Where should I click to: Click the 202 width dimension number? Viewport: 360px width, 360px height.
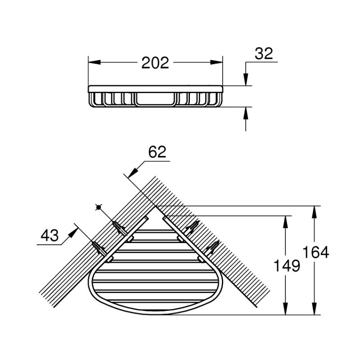click(155, 63)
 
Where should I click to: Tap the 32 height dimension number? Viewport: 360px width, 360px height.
click(264, 54)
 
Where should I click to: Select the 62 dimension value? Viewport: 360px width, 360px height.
click(157, 152)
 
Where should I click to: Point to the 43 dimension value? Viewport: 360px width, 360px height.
click(49, 235)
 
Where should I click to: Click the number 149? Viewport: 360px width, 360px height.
click(287, 265)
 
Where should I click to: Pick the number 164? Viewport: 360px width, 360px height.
click(316, 252)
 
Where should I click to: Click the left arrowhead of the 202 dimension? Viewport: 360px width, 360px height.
click(94, 62)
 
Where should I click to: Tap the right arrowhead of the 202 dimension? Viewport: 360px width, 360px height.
click(216, 62)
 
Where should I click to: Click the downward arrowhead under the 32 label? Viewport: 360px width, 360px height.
click(246, 80)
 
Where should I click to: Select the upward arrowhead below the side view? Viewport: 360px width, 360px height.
click(246, 113)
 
